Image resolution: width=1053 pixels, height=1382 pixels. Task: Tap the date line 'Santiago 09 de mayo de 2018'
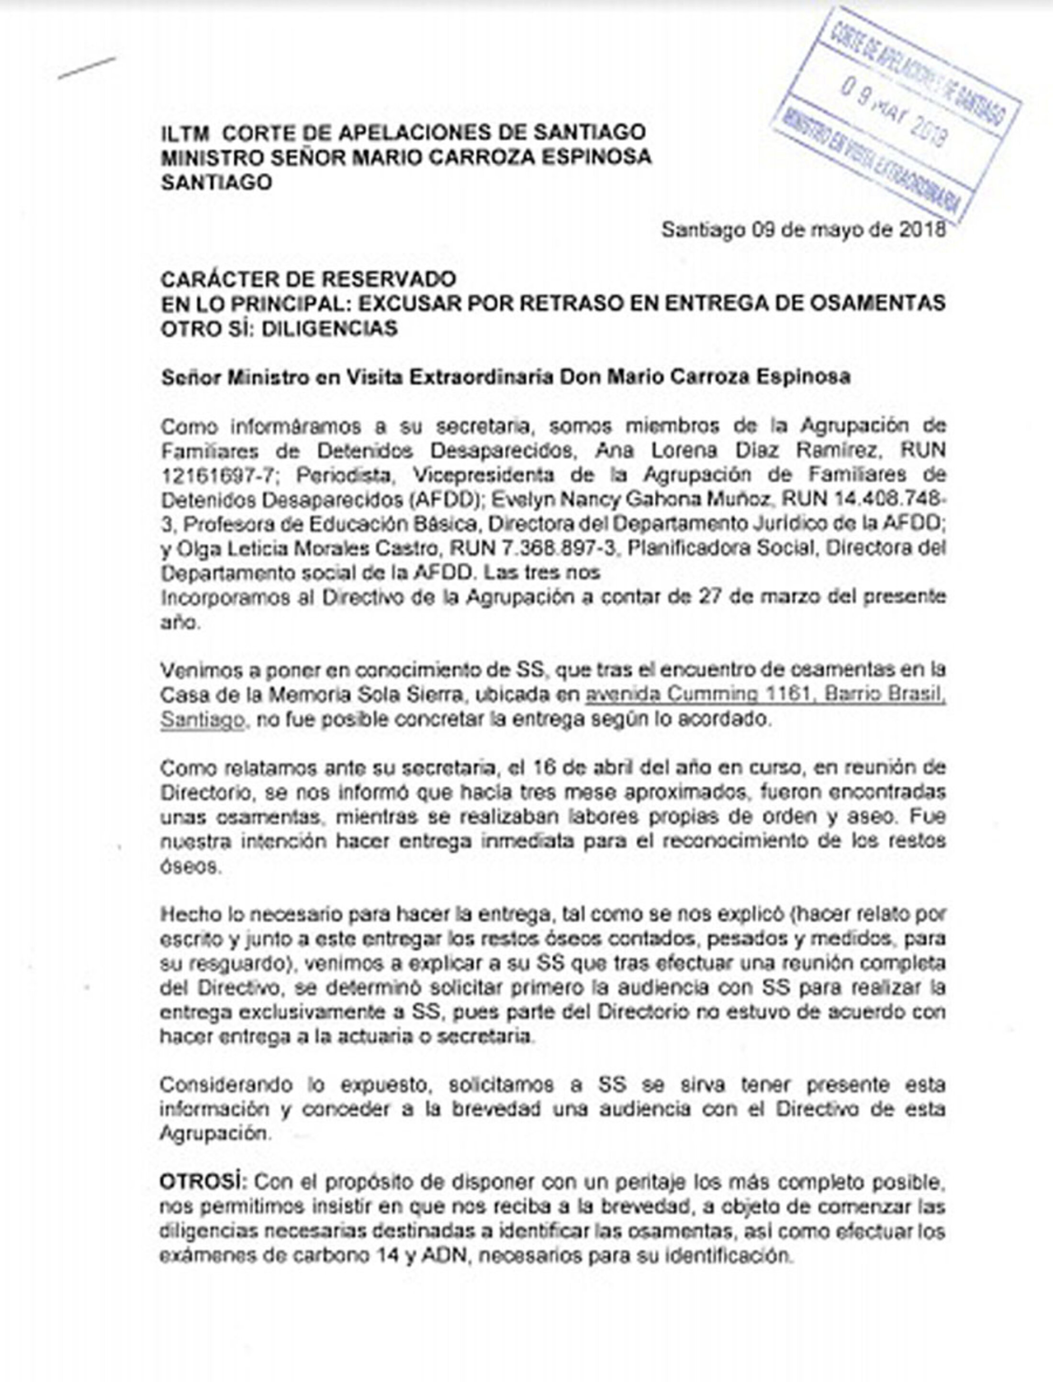(x=804, y=230)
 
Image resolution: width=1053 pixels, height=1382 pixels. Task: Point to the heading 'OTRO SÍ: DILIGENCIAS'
(x=279, y=328)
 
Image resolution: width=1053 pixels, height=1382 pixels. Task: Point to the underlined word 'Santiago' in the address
(x=202, y=719)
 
